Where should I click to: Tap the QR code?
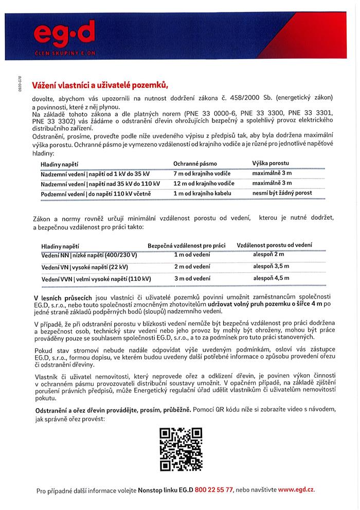click(181, 449)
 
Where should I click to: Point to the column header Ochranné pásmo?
click(195, 164)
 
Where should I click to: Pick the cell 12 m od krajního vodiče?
click(204, 183)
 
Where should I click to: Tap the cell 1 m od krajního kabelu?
click(202, 193)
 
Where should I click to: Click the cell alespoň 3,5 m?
click(271, 266)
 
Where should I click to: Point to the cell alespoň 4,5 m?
click(271, 278)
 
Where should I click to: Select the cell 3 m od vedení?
click(192, 278)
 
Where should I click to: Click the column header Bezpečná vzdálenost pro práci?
click(186, 245)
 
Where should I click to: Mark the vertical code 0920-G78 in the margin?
click(20, 82)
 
